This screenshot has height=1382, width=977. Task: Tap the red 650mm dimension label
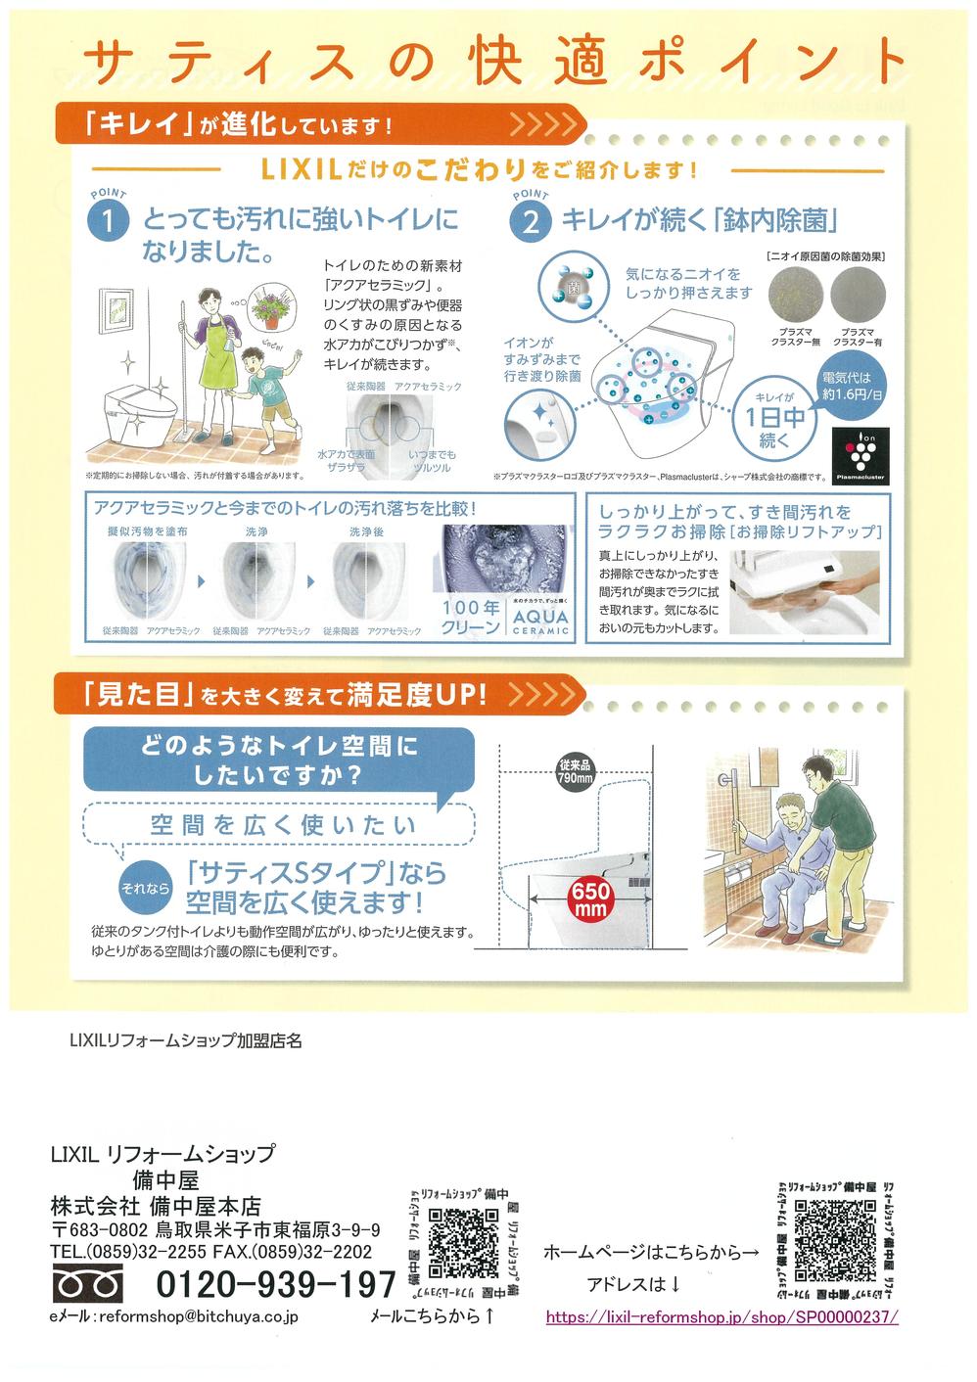tap(591, 899)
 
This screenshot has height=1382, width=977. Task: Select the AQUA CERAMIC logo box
tap(540, 618)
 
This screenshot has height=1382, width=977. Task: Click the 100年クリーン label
tap(471, 618)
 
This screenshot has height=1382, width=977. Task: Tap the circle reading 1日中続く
tap(773, 418)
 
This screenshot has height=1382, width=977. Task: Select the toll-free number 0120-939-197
tap(276, 1283)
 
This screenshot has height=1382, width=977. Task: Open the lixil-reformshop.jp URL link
tap(721, 1316)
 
